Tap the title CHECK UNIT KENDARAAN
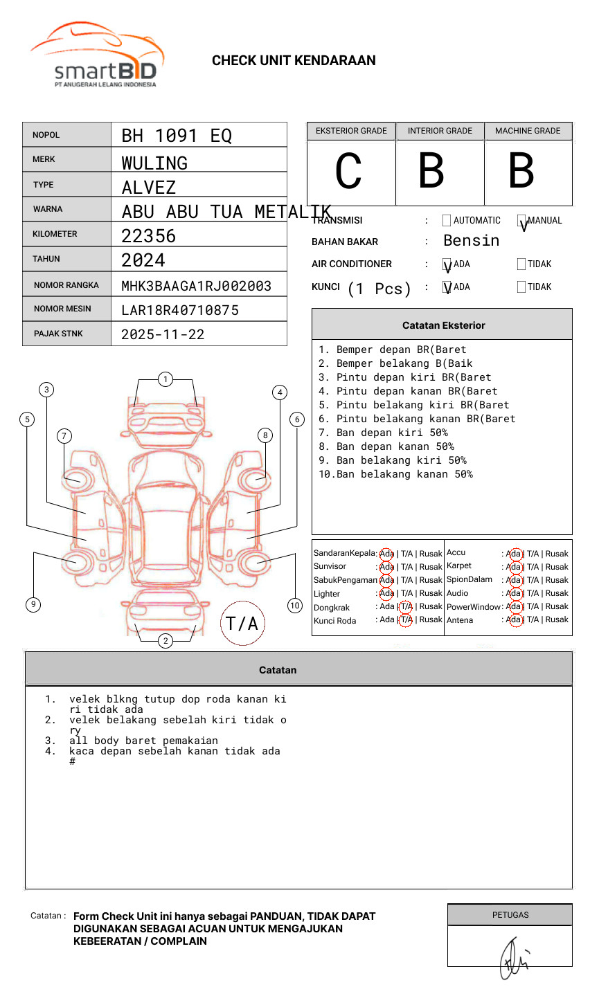(x=294, y=61)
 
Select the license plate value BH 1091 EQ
(x=177, y=136)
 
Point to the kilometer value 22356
(x=149, y=236)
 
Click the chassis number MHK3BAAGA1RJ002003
(x=196, y=286)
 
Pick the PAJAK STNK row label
(x=57, y=334)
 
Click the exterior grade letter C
(x=348, y=171)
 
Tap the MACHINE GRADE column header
(x=528, y=131)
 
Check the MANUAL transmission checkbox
(x=521, y=221)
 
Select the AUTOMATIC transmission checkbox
(x=447, y=221)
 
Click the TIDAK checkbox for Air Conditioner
(x=521, y=264)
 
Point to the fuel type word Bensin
(x=471, y=241)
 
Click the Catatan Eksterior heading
(x=443, y=325)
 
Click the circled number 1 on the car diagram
(x=165, y=379)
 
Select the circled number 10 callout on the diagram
(x=295, y=606)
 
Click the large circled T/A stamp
(x=242, y=623)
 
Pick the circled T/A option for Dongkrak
(x=406, y=606)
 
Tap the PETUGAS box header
(x=510, y=915)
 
